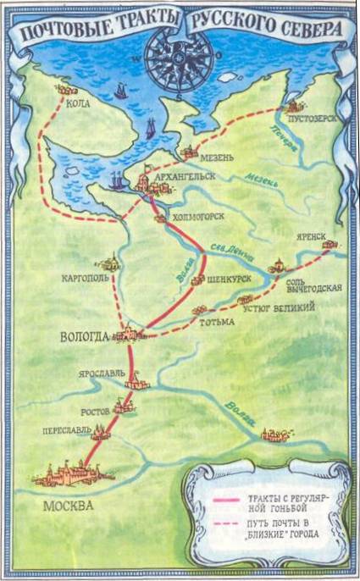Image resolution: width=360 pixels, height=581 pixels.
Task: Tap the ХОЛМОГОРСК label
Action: [198, 217]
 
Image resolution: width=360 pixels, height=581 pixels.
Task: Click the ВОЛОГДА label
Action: [85, 336]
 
